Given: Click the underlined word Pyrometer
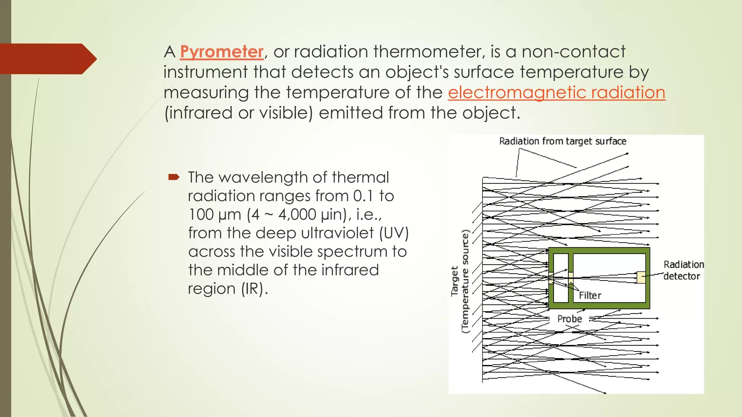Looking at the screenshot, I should click(x=221, y=52).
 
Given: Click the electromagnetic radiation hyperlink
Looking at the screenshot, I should click(x=556, y=92).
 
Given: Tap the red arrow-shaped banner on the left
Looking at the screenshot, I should click(x=47, y=59).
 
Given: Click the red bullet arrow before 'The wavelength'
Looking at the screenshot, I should click(x=174, y=177).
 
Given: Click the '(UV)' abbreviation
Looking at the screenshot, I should click(x=394, y=233).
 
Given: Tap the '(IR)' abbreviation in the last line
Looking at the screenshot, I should click(x=254, y=289).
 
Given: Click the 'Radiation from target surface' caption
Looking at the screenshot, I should click(x=562, y=141).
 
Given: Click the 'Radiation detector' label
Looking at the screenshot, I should click(x=683, y=270).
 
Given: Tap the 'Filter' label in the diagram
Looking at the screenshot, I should click(x=590, y=296).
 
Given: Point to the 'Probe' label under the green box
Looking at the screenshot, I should click(x=569, y=319).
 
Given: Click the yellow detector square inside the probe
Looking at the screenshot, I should click(x=641, y=277).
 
